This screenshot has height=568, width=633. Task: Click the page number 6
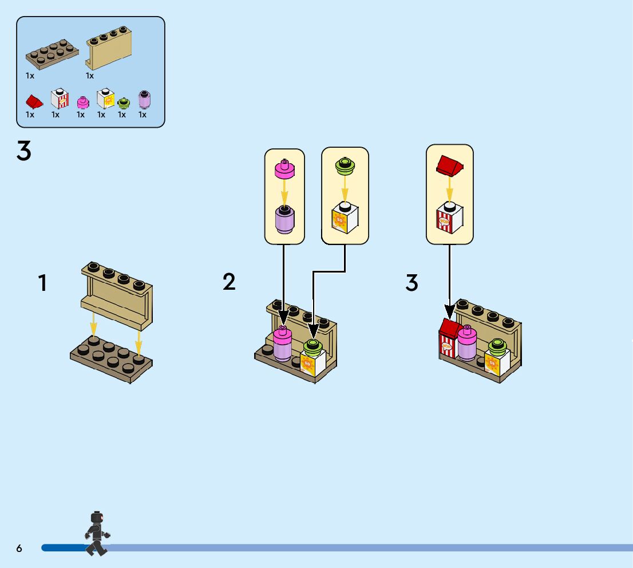pos(19,549)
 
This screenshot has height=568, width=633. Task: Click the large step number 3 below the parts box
pos(24,152)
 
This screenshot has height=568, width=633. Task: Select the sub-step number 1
pos(42,283)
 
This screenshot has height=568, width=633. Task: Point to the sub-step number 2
pos(229,282)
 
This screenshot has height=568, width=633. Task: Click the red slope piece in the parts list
pos(34,102)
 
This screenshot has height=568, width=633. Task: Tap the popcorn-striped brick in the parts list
pos(60,99)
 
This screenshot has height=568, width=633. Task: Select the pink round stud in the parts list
pos(83,102)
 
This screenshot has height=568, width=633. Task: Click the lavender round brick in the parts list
pos(144,100)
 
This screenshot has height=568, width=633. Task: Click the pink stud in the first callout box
pos(284,168)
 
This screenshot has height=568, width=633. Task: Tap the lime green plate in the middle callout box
pos(345,165)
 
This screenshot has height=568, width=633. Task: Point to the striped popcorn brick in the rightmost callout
pos(450,218)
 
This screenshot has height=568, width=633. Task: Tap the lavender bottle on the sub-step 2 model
pos(282,347)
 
